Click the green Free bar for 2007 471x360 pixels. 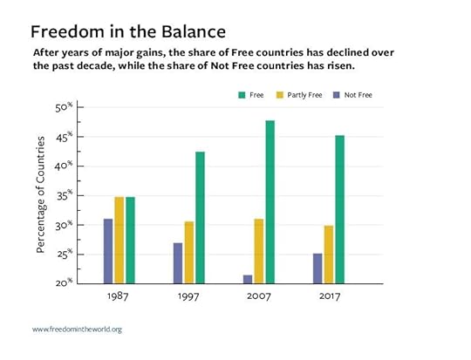pyautogui.click(x=270, y=201)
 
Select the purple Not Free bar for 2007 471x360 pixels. pyautogui.click(x=247, y=279)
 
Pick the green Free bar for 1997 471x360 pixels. pyautogui.click(x=200, y=217)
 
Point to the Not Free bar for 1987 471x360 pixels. pyautogui.click(x=108, y=250)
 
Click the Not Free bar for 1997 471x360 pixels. pyautogui.click(x=178, y=262)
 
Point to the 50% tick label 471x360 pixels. pyautogui.click(x=64, y=108)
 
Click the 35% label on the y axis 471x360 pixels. pyautogui.click(x=64, y=195)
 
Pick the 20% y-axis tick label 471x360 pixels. pyautogui.click(x=64, y=282)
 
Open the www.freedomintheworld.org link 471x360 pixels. pyautogui.click(x=76, y=329)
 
